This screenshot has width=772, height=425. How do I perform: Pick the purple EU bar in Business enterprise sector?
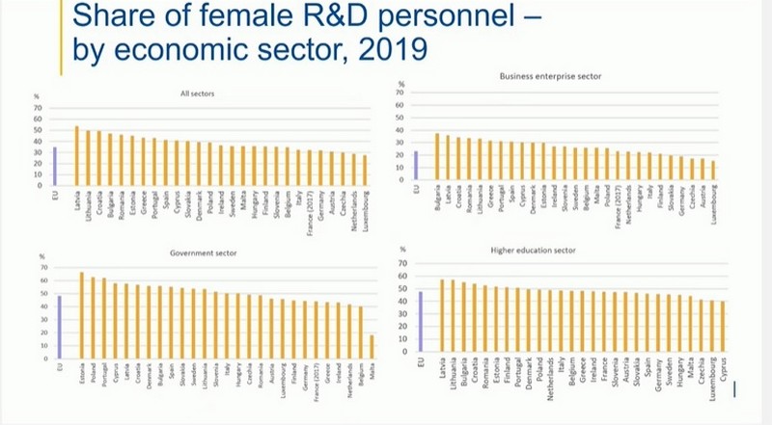click(x=415, y=165)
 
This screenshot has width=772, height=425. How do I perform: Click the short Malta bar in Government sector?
click(x=372, y=346)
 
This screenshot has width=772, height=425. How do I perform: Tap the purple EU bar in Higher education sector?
click(x=421, y=323)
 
